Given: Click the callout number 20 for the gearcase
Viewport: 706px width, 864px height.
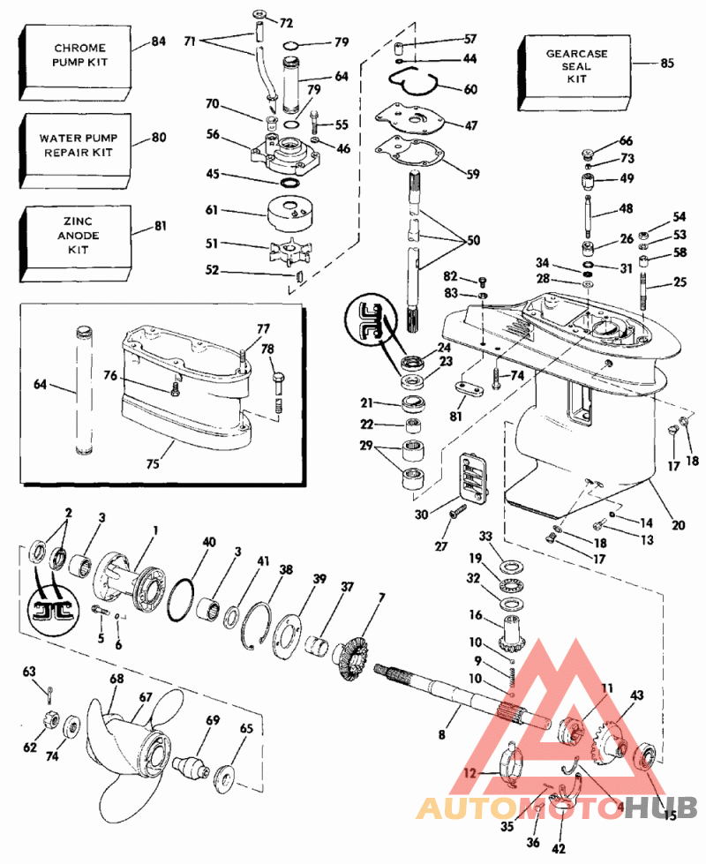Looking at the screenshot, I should (x=678, y=525).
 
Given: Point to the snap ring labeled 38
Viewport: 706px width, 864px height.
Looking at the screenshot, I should (x=259, y=622).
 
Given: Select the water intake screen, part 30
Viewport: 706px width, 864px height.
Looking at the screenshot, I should (x=472, y=481).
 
